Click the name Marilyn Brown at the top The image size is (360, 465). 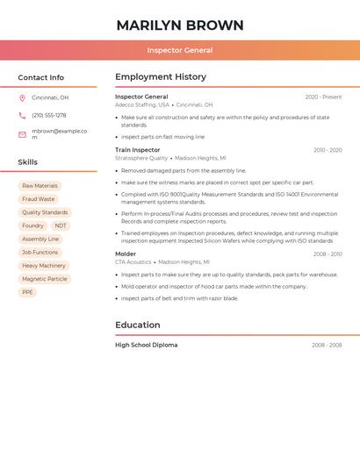180,25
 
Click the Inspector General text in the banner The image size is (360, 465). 180,50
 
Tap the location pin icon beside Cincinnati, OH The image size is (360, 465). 22,97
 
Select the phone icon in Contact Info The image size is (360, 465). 22,115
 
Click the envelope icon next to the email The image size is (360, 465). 22,134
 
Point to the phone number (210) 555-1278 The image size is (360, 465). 49,115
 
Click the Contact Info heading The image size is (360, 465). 41,77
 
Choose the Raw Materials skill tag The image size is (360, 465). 40,186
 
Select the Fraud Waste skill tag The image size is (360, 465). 38,199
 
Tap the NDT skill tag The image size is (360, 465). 61,225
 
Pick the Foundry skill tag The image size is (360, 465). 32,225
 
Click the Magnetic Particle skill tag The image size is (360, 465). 44,279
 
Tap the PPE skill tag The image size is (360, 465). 27,292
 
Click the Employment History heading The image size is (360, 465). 161,76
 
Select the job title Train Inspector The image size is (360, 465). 138,150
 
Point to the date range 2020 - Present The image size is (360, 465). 323,97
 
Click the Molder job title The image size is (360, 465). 126,254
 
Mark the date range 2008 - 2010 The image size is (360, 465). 328,254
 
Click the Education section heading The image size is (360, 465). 138,325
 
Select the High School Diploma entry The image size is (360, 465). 147,345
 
